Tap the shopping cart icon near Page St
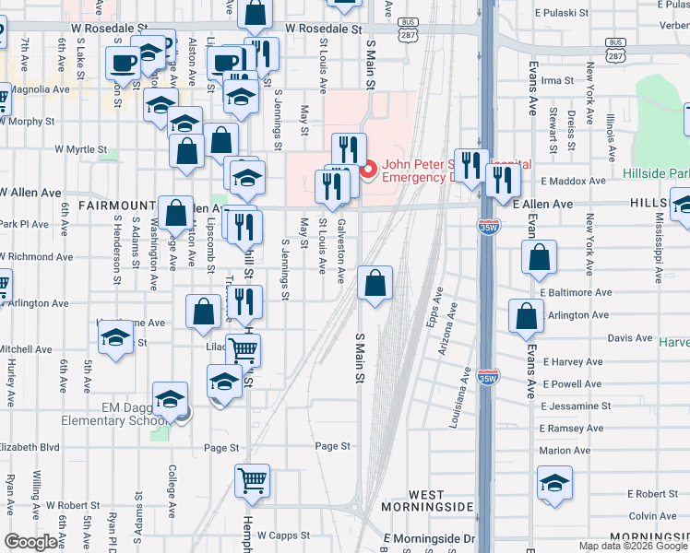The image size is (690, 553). coord(252,480)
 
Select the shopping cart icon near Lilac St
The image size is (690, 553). coord(244,349)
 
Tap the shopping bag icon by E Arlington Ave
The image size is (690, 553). coord(526,315)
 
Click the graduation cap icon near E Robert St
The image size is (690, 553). coord(554,482)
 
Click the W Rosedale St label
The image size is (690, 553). coord(323,29)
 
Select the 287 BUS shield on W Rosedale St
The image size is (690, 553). coord(407,30)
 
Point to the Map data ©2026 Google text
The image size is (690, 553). coord(632,546)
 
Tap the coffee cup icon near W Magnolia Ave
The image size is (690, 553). coord(122,65)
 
